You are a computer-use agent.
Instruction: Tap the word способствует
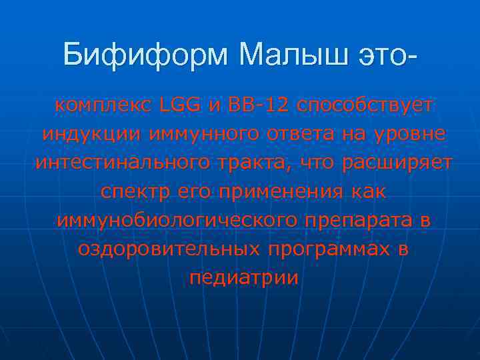(365, 105)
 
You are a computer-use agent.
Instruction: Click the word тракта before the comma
(258, 163)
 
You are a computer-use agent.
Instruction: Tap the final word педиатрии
(244, 277)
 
